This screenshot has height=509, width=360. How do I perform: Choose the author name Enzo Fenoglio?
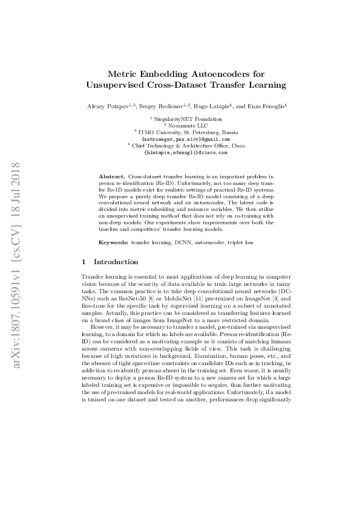coord(263,106)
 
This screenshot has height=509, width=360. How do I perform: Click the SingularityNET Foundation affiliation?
coord(182,119)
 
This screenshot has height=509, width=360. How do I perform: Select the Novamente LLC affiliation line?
coord(182,125)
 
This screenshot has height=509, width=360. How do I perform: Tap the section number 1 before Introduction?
coord(83,262)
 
